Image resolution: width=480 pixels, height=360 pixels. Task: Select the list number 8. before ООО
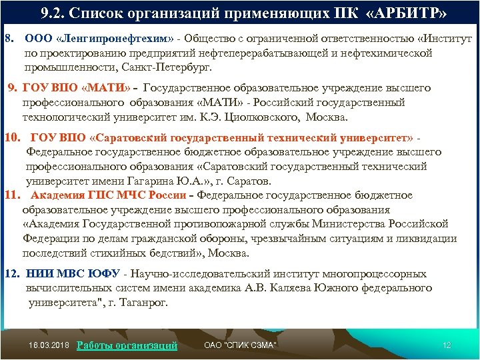pos(9,39)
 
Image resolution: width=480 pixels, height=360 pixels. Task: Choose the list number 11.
pos(13,195)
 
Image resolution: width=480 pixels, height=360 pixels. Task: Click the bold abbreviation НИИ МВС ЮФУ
pos(73,273)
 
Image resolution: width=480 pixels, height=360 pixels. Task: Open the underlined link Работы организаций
pos(127,345)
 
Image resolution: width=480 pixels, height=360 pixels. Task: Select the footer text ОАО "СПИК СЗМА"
pos(240,345)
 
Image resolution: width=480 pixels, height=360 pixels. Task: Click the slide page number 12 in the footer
pos(447,345)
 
